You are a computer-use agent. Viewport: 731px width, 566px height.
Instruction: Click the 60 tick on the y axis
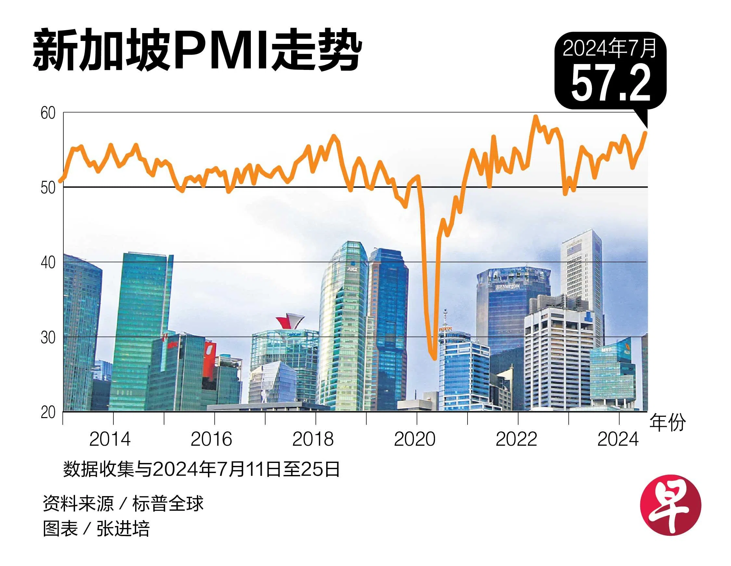(x=48, y=113)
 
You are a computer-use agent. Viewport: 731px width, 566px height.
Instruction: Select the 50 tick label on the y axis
(x=48, y=188)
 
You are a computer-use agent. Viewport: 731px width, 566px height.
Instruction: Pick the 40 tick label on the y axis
(x=48, y=263)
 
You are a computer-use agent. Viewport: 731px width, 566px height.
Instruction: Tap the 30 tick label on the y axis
(x=48, y=337)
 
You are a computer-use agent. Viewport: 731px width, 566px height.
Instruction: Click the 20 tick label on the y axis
(x=48, y=412)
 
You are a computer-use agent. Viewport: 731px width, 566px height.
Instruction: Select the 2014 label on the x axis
(x=110, y=440)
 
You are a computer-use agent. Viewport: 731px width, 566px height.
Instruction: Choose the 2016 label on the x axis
(x=211, y=440)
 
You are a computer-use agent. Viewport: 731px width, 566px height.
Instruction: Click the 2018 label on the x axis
(x=313, y=440)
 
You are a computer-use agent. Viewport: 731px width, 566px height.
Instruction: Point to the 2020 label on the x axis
(x=415, y=440)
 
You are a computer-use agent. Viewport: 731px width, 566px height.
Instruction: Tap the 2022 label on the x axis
(x=516, y=440)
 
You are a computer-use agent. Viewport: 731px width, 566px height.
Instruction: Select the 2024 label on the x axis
(x=618, y=440)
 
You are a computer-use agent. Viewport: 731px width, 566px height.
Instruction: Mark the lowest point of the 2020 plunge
(x=434, y=359)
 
